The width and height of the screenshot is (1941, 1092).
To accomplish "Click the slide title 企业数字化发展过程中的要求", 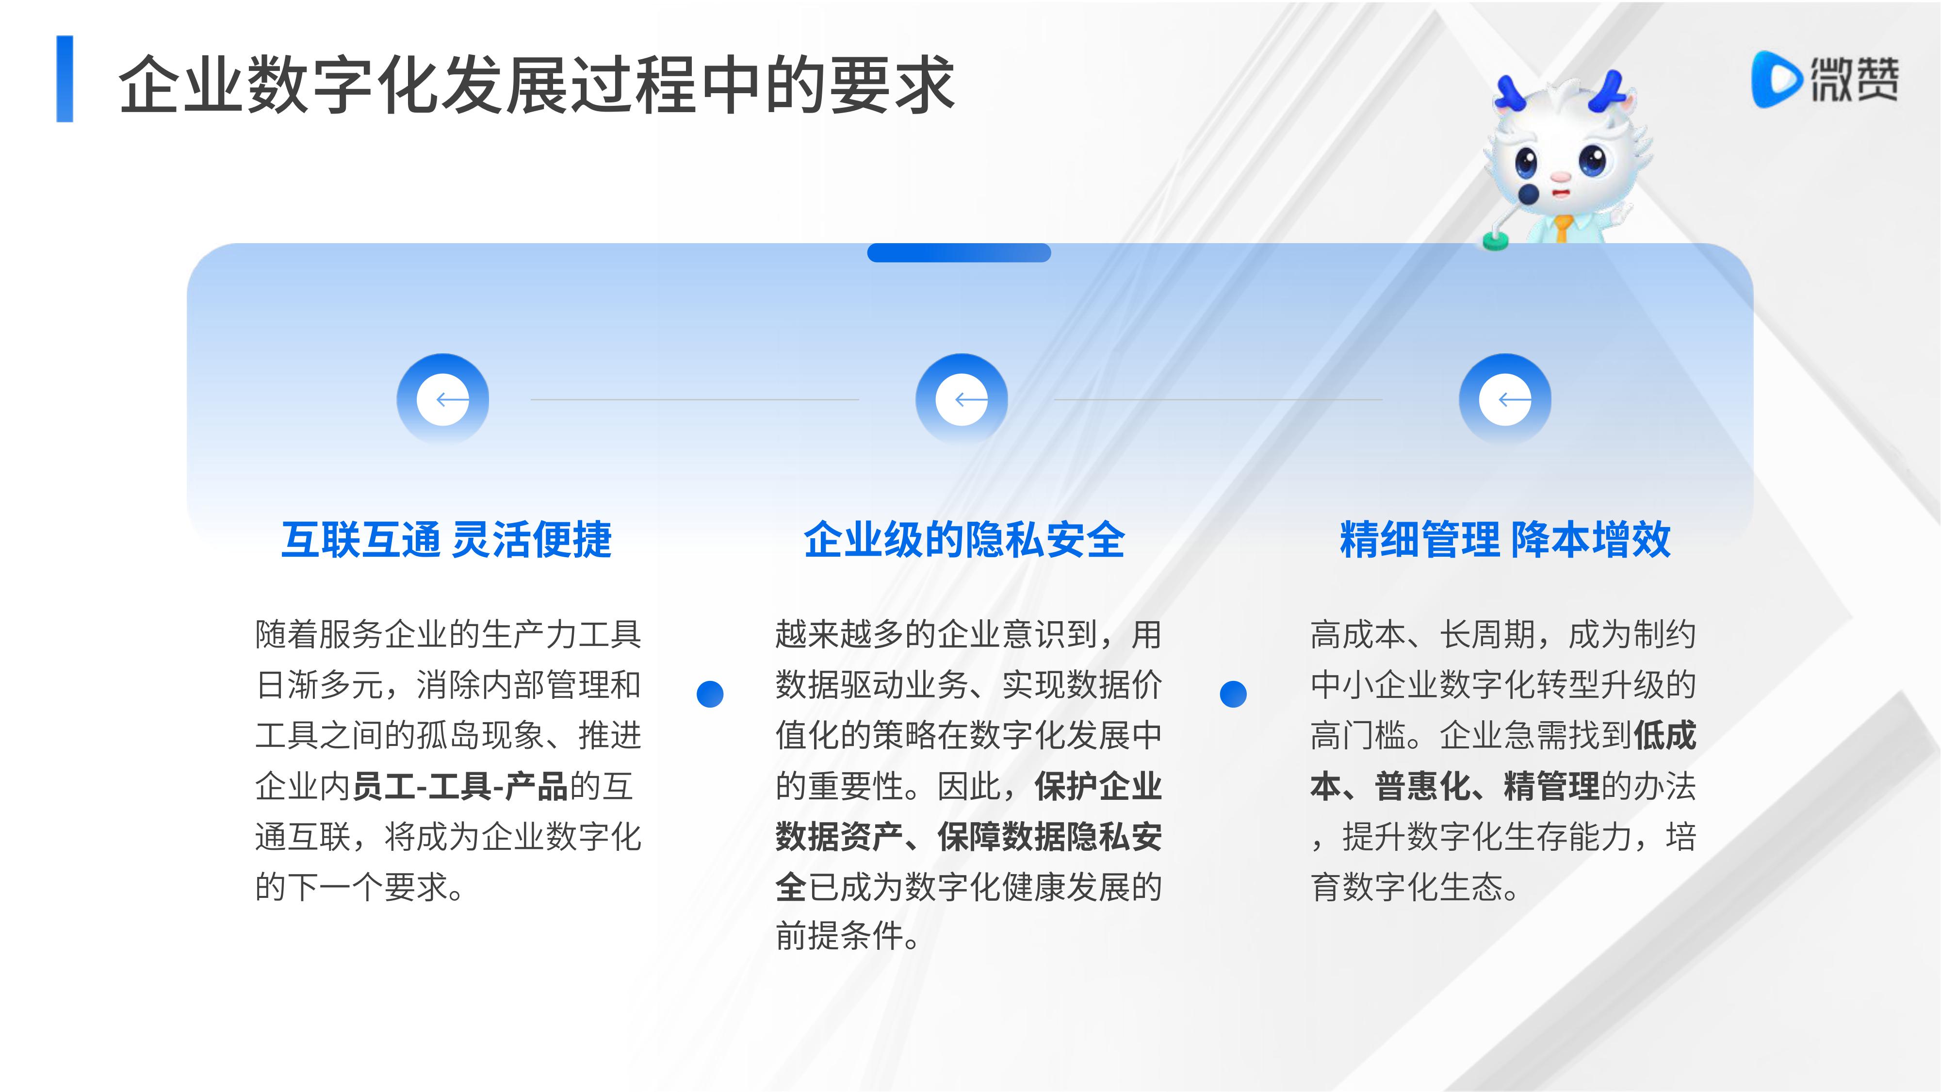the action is [537, 84].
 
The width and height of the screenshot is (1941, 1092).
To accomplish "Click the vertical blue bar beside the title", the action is [65, 78].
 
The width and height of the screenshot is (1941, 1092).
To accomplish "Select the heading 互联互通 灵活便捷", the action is [446, 540].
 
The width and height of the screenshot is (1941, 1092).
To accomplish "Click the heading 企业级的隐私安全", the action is [964, 540].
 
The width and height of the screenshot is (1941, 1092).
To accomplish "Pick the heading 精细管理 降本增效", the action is [1505, 540].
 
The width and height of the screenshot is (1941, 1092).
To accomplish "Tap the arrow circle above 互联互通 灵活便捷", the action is [443, 398].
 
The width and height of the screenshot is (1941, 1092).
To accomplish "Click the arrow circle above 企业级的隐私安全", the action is [962, 398].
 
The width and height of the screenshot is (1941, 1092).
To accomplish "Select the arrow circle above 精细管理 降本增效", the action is [1505, 398].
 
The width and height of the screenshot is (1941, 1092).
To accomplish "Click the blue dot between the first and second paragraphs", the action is [710, 694].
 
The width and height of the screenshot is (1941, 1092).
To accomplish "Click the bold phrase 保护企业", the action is [1098, 786].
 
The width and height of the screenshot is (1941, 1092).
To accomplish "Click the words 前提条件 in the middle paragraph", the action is [839, 936].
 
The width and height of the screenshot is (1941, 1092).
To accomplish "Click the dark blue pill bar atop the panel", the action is [959, 252].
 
